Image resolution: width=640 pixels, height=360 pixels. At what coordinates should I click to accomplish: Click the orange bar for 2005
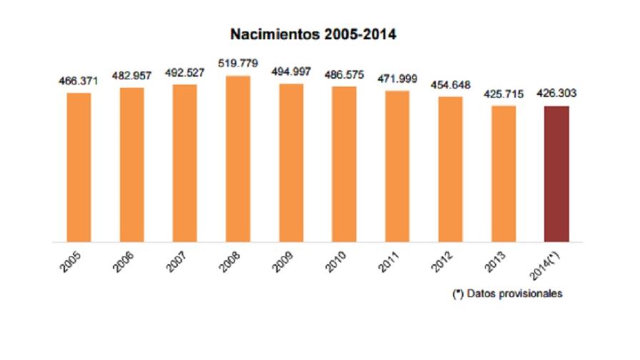click(x=79, y=167)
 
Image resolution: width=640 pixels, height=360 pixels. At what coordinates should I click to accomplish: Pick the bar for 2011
click(x=397, y=166)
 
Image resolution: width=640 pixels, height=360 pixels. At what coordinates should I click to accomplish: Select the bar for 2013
click(x=504, y=174)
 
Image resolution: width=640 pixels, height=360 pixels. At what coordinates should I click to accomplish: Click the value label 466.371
click(x=79, y=81)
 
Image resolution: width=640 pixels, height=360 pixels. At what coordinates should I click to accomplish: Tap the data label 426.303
click(x=556, y=93)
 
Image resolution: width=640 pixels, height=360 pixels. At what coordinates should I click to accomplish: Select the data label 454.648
click(x=450, y=85)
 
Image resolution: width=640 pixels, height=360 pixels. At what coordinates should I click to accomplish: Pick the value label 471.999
click(x=397, y=79)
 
